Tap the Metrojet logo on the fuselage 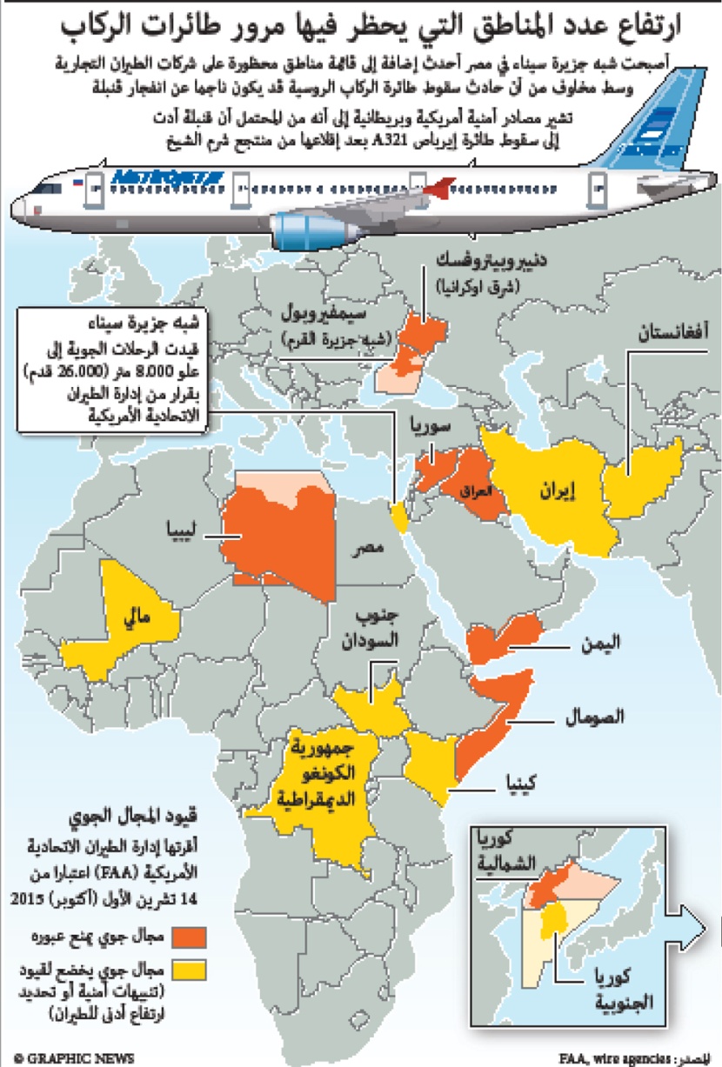click(167, 177)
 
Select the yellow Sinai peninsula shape click(400, 517)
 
